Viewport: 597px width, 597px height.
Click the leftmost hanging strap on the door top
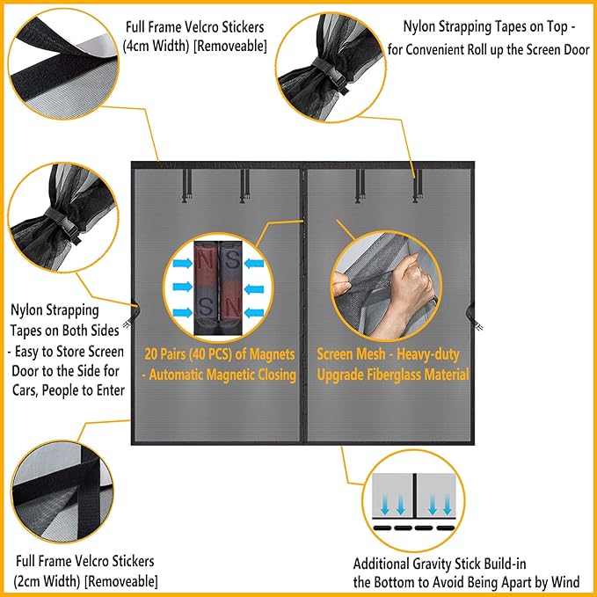pyautogui.click(x=186, y=183)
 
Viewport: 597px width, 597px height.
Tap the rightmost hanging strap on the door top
pyautogui.click(x=415, y=183)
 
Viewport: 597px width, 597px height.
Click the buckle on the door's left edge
pyautogui.click(x=135, y=309)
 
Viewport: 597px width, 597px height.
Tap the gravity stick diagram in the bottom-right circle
pyautogui.click(x=413, y=506)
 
